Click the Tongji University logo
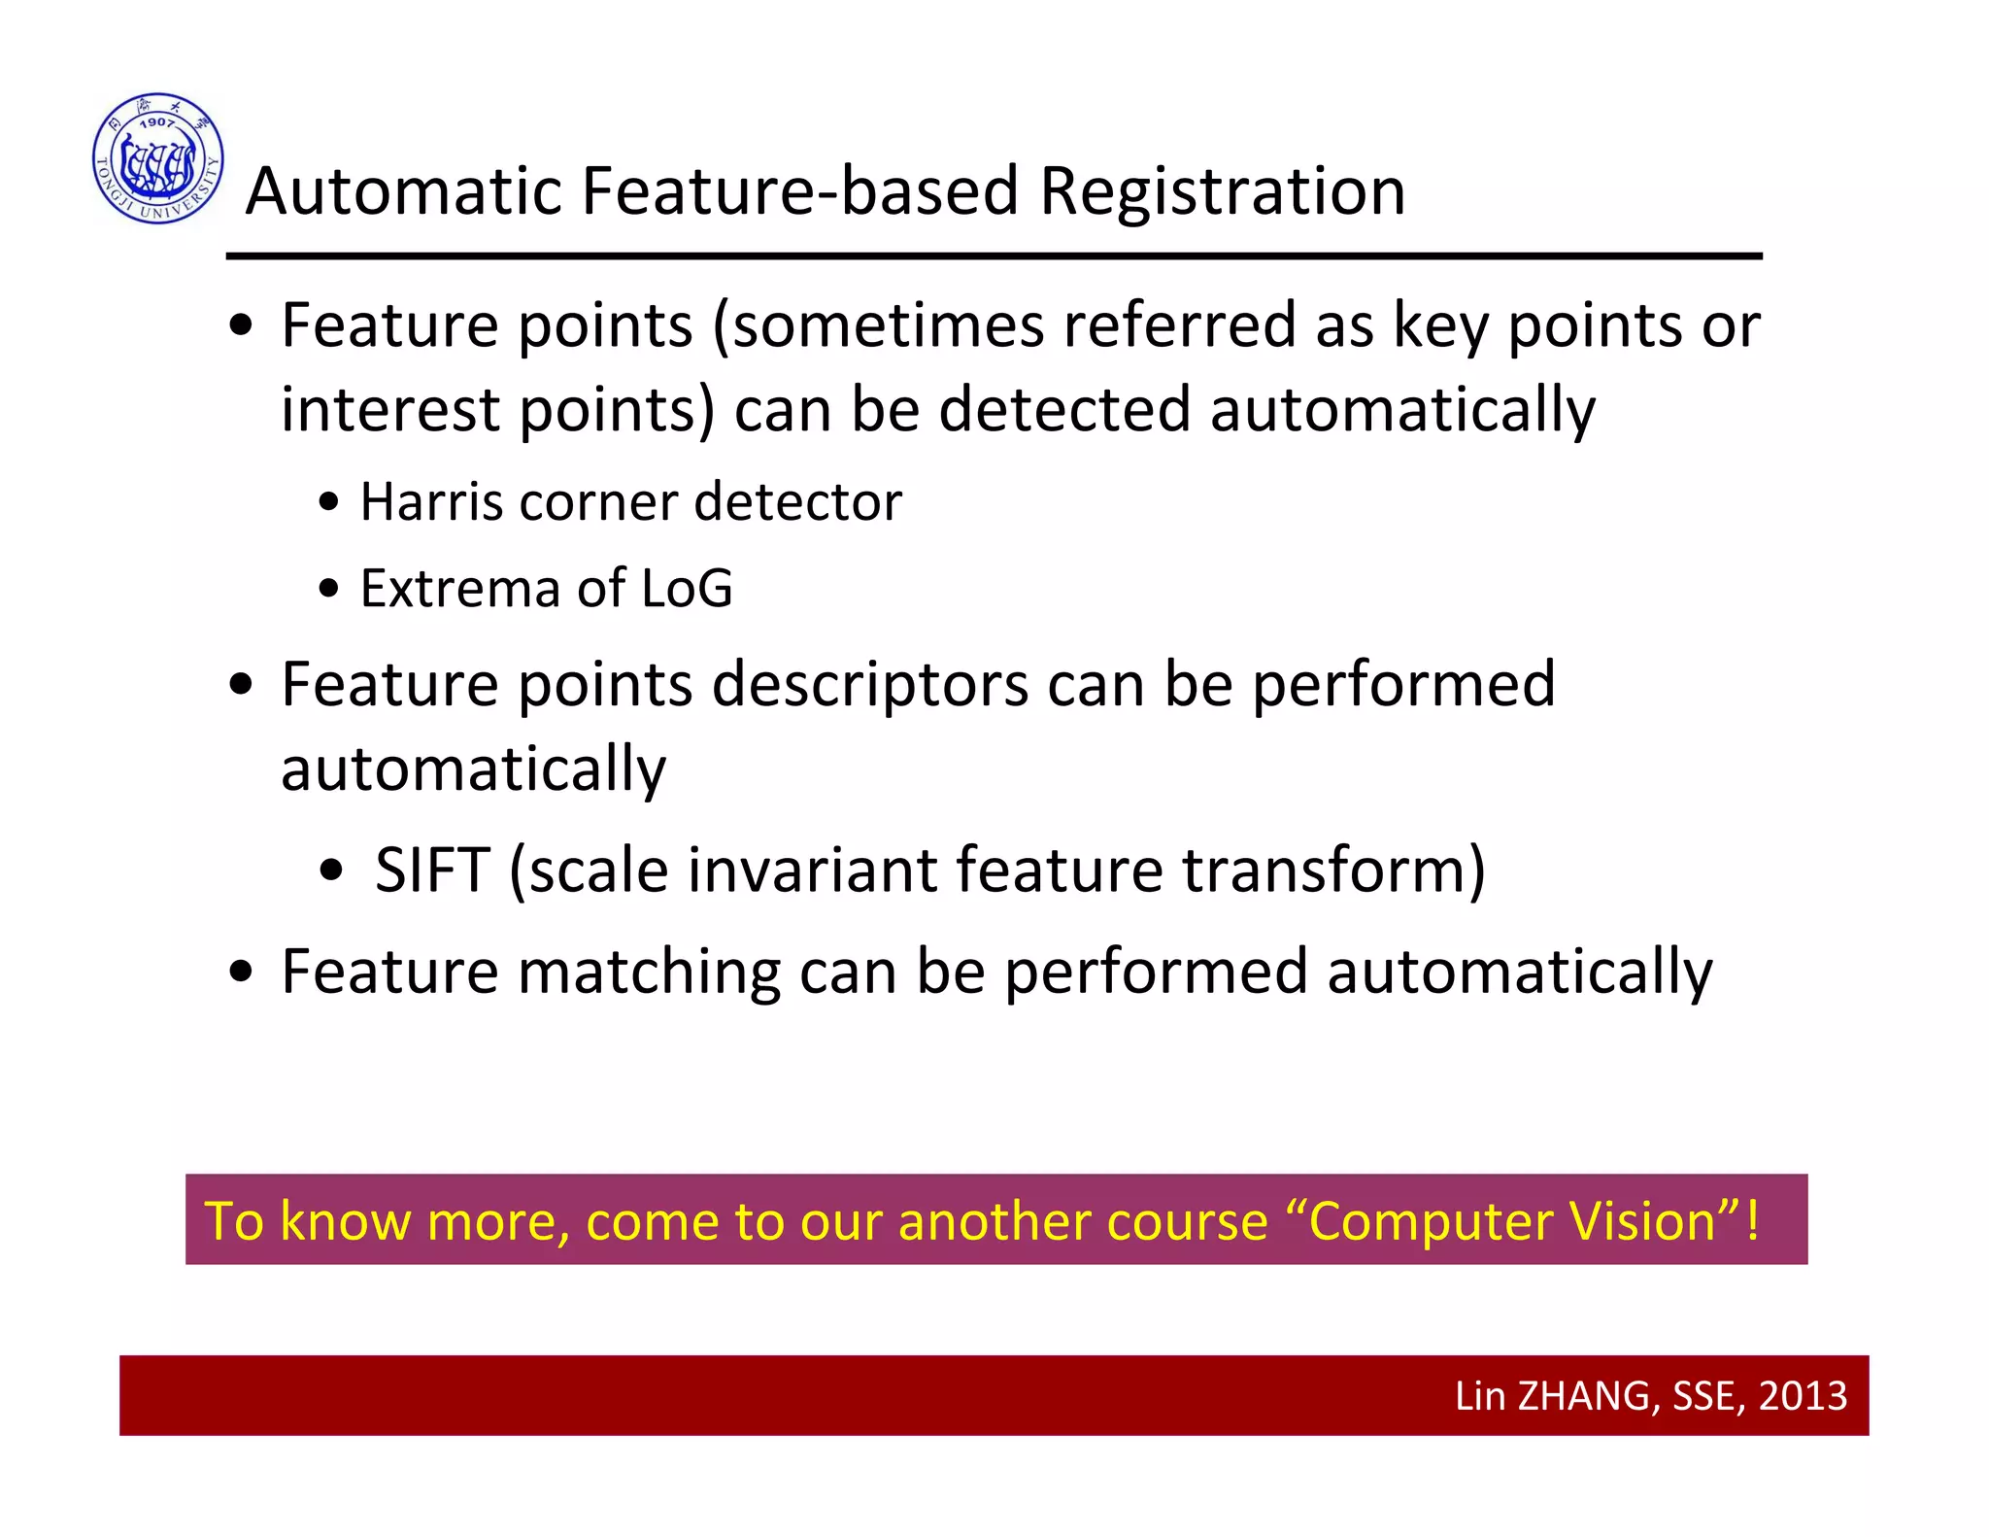(x=158, y=158)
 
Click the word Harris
(x=431, y=502)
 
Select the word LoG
(x=687, y=589)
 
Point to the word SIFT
(x=432, y=870)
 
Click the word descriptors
(x=870, y=686)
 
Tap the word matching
(x=649, y=972)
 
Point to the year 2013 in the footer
(x=1803, y=1396)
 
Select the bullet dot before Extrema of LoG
(x=329, y=589)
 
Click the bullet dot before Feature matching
(x=241, y=972)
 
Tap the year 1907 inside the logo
(x=156, y=122)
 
